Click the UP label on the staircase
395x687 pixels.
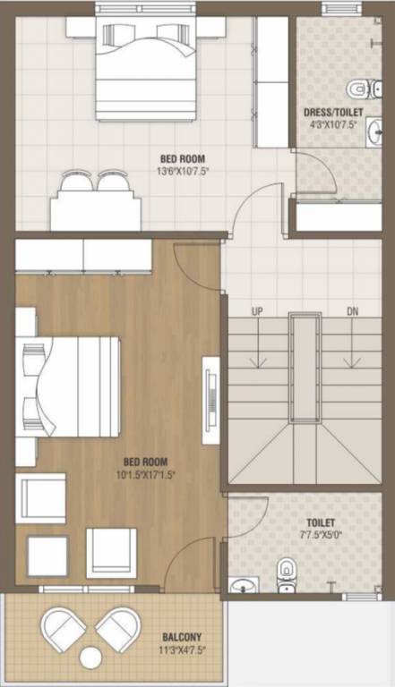pos(257,311)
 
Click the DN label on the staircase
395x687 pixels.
pos(353,311)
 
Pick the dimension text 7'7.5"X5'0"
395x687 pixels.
pos(320,535)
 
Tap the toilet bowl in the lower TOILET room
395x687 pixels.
pos(286,573)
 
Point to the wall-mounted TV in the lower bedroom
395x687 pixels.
pos(211,400)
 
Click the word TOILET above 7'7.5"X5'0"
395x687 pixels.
pos(320,522)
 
